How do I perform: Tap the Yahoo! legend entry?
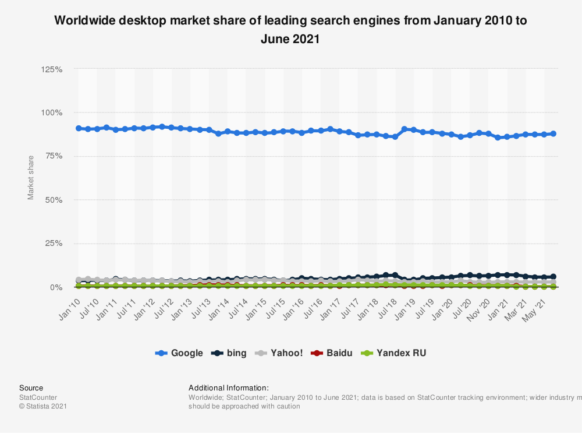tap(280, 353)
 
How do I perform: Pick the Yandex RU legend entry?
tap(393, 353)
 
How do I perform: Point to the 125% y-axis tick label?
tap(52, 69)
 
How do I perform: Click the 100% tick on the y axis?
tap(52, 112)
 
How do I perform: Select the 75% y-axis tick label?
tap(54, 156)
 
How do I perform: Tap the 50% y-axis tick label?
tap(54, 200)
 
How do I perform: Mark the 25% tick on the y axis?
tap(54, 244)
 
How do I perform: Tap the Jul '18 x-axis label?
tap(386, 304)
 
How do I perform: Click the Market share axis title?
tap(31, 177)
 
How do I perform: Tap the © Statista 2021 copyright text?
tap(43, 406)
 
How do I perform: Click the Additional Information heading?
tap(229, 388)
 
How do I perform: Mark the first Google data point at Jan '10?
tap(79, 128)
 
